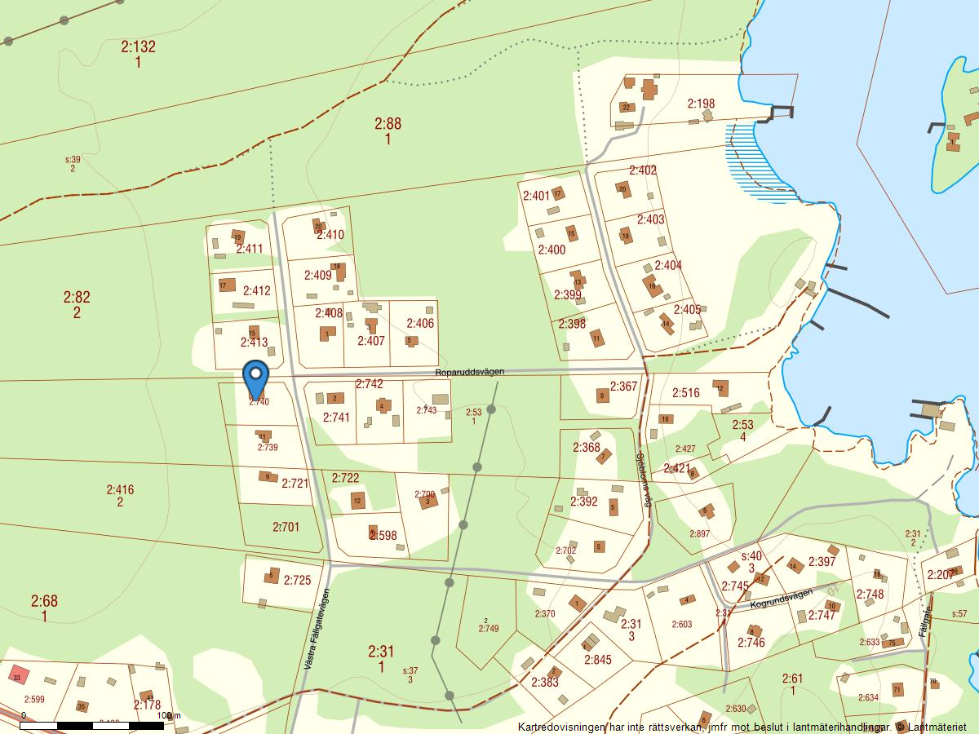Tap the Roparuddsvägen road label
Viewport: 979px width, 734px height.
[469, 372]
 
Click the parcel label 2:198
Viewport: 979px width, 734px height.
[701, 104]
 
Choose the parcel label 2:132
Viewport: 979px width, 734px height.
[138, 47]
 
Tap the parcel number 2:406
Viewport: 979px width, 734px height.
[420, 324]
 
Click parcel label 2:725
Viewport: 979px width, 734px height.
[297, 581]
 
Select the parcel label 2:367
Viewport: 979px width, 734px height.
[623, 387]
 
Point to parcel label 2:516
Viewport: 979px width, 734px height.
[685, 393]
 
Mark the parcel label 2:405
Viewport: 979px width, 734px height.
[687, 310]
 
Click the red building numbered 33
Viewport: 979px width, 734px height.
[17, 676]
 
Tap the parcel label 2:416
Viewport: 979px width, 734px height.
[120, 490]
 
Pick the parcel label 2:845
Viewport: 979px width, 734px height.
[597, 660]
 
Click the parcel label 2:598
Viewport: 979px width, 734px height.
[383, 536]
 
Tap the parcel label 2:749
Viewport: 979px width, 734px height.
[488, 628]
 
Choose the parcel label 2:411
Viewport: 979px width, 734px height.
[250, 249]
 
